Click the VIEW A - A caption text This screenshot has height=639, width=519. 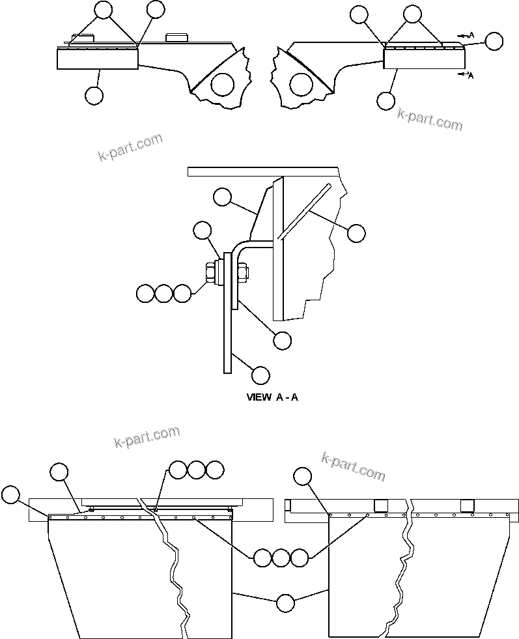pyautogui.click(x=272, y=397)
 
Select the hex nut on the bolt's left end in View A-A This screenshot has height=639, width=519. pyautogui.click(x=211, y=273)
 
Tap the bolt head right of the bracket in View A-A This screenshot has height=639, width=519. pyautogui.click(x=244, y=273)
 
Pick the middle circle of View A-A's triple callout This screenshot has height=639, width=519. pyautogui.click(x=164, y=294)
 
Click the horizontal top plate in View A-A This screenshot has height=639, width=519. pyautogui.click(x=264, y=171)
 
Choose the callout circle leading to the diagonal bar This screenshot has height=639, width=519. pyautogui.click(x=356, y=233)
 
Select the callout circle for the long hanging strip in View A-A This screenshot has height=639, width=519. pyautogui.click(x=260, y=375)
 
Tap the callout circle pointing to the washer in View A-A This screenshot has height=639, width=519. pyautogui.click(x=203, y=231)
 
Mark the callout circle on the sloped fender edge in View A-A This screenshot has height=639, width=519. pyautogui.click(x=222, y=197)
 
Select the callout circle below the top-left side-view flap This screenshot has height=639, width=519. pyautogui.click(x=94, y=96)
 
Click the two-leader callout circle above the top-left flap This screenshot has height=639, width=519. pyautogui.click(x=104, y=9)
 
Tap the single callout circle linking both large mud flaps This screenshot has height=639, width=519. pyautogui.click(x=285, y=603)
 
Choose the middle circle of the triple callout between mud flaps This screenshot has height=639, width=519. pyautogui.click(x=281, y=558)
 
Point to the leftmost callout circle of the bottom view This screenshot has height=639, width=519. pyautogui.click(x=10, y=495)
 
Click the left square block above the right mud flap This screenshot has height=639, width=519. pyautogui.click(x=380, y=505)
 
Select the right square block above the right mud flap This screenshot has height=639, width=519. pyautogui.click(x=467, y=505)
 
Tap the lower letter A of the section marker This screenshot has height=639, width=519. pyautogui.click(x=471, y=76)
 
